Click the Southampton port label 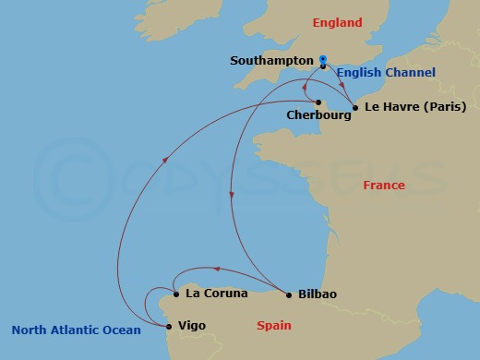(272, 61)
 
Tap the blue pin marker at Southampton (323, 62)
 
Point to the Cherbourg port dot (318, 102)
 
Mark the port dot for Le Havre (355, 107)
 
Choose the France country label (384, 186)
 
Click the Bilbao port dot (289, 295)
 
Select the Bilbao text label (317, 294)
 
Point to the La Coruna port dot (175, 295)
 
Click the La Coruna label (217, 294)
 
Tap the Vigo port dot (167, 325)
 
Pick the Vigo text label (193, 325)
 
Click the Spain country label (273, 325)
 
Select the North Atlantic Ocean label (77, 330)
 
